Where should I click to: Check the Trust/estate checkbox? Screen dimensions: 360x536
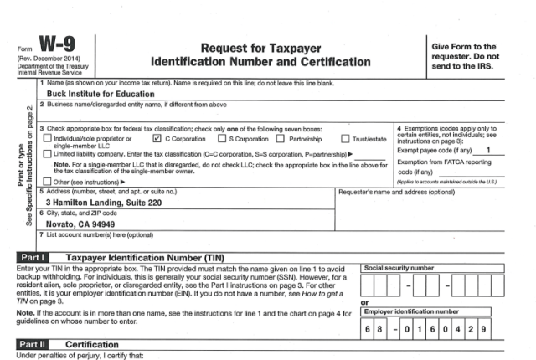(345, 139)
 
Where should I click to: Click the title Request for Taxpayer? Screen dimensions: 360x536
(260, 48)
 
